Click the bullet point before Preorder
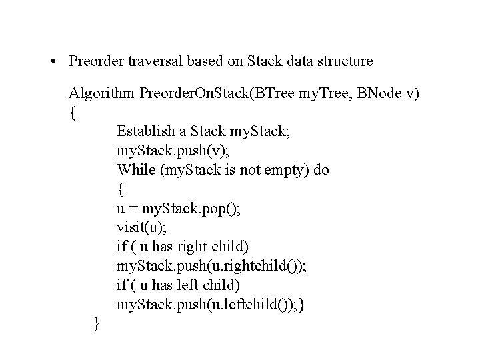click(53, 62)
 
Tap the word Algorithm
click(102, 93)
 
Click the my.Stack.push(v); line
click(170, 151)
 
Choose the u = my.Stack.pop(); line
click(179, 209)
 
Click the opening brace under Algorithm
click(72, 113)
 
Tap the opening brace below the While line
click(120, 189)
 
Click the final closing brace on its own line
click(97, 324)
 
